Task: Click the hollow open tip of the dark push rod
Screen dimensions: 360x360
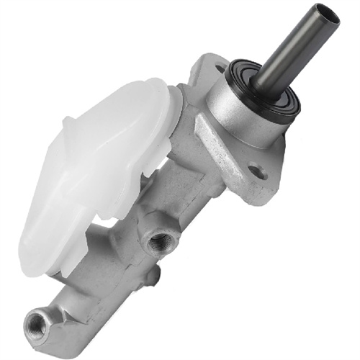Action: [326, 15]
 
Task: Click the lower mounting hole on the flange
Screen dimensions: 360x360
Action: [256, 172]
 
